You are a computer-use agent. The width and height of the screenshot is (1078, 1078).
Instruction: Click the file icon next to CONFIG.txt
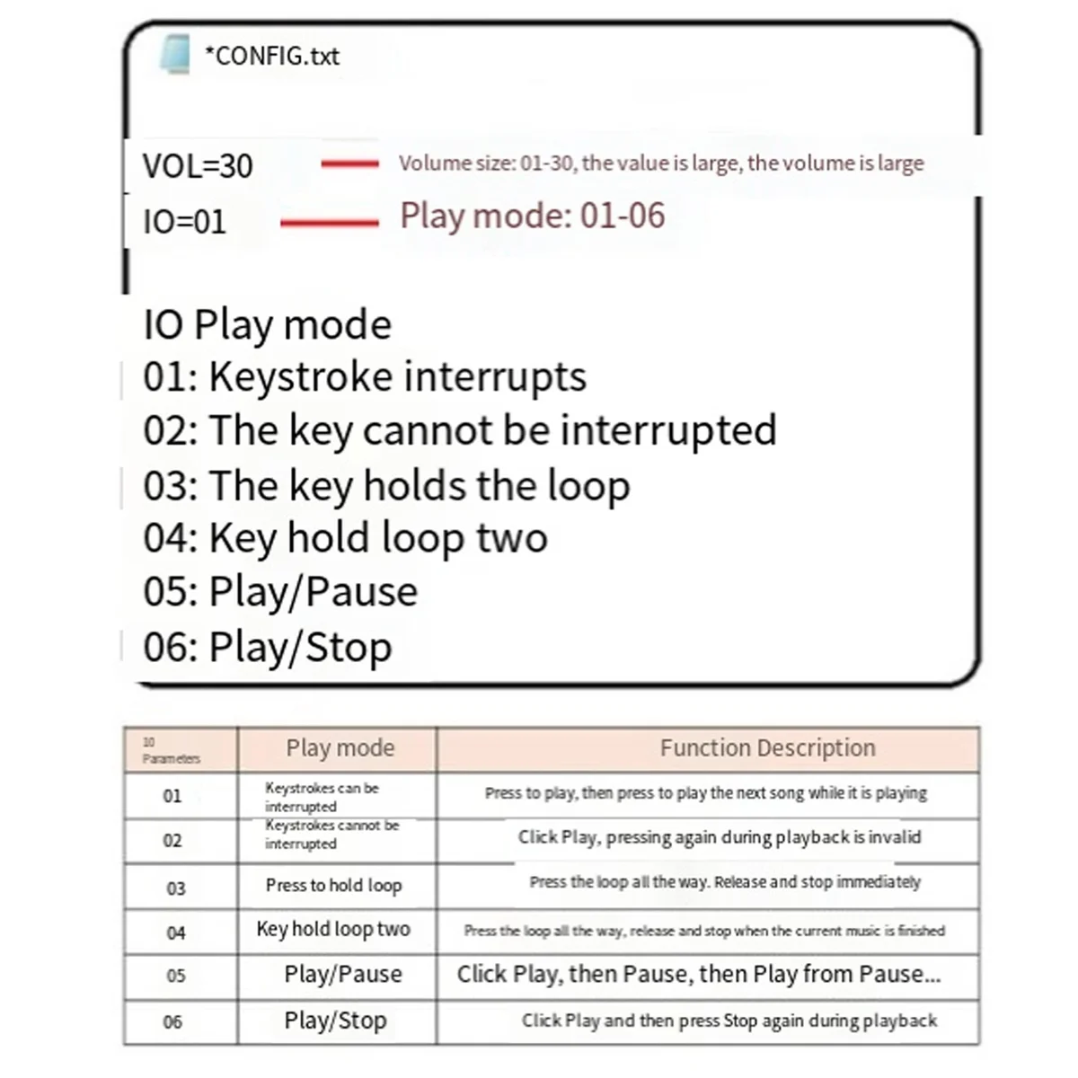(x=174, y=54)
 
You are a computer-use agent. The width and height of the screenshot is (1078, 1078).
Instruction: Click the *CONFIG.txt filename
(x=272, y=56)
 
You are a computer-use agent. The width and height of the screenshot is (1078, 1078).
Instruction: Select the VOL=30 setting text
(x=198, y=166)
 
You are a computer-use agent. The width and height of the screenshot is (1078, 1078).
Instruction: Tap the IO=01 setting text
(x=184, y=222)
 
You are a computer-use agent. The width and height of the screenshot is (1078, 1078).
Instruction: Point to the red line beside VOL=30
(x=349, y=163)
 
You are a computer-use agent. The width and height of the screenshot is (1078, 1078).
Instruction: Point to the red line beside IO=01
(x=329, y=222)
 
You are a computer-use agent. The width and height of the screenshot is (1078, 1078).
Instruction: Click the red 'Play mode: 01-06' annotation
(x=533, y=216)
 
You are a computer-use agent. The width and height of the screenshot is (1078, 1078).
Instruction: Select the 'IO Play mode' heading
(x=267, y=324)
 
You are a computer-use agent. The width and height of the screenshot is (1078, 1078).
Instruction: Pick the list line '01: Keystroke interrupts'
(x=364, y=377)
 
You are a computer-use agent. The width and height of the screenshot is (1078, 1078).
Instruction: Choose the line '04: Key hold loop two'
(x=345, y=538)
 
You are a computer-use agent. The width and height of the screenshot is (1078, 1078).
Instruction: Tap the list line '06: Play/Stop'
(x=267, y=647)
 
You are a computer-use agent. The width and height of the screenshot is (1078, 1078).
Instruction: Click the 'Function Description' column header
(x=767, y=748)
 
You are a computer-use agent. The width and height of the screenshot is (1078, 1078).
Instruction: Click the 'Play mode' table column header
(x=340, y=748)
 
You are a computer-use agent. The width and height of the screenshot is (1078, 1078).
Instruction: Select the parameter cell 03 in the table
(x=176, y=888)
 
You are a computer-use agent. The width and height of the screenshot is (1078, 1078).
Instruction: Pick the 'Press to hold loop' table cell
(x=333, y=886)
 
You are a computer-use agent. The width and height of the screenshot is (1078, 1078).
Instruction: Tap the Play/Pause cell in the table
(x=343, y=975)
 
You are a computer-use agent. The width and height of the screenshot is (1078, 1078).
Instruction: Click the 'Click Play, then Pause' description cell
(x=699, y=975)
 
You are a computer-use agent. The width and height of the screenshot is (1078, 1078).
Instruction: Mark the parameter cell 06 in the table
(x=172, y=1022)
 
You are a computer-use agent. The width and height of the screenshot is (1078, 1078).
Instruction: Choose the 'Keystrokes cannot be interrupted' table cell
(x=332, y=835)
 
